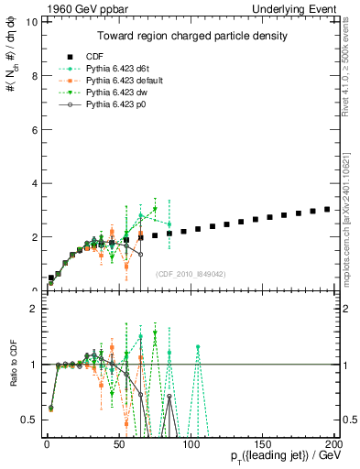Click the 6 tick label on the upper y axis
(x=33, y=129)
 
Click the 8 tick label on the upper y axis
(x=33, y=76)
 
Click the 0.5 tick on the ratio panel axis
(x=28, y=420)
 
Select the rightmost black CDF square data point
(x=327, y=209)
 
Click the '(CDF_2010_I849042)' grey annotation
(x=191, y=273)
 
